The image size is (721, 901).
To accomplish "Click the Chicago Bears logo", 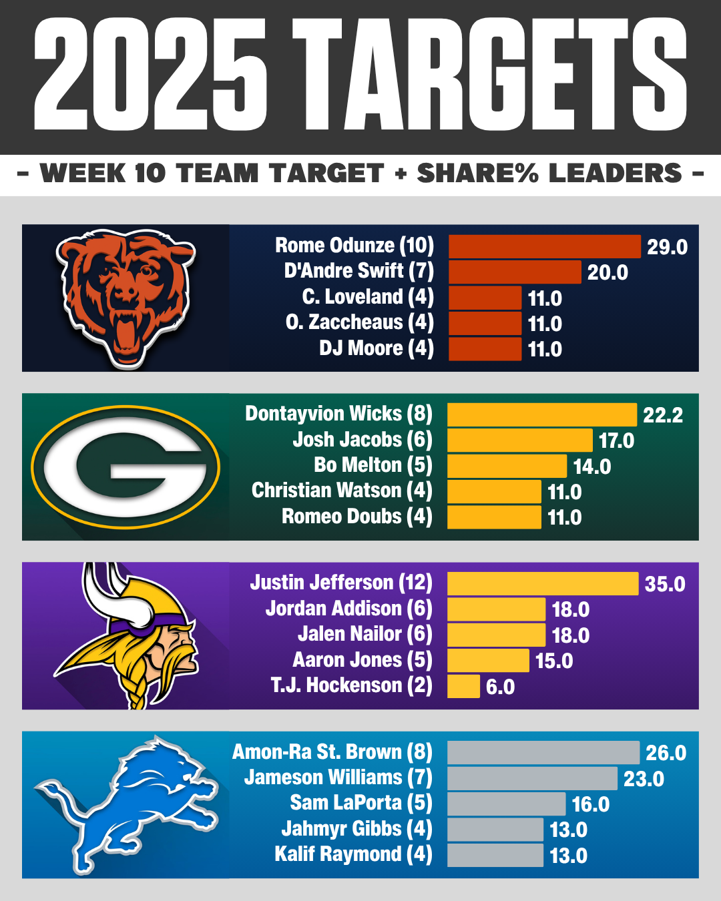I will (x=126, y=298).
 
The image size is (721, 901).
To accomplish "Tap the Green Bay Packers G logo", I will (x=126, y=467).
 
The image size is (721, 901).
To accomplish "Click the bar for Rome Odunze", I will (x=544, y=246).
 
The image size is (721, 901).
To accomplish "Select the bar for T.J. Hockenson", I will (x=463, y=686).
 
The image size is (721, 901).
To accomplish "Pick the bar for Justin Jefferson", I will (x=542, y=584).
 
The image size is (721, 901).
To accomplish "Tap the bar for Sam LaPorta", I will (x=506, y=804).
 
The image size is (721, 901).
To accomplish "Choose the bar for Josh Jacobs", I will (x=519, y=440).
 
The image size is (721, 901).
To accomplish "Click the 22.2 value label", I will (x=663, y=415).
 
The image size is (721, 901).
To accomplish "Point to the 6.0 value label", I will (x=500, y=687).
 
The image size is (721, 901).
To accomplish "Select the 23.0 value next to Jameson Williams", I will (x=644, y=779).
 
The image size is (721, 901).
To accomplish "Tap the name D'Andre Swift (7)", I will (x=359, y=271).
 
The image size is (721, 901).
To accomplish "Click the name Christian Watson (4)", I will (x=342, y=491).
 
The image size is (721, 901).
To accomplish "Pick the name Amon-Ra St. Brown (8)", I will (x=332, y=752).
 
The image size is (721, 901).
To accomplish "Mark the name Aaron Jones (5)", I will (x=363, y=660).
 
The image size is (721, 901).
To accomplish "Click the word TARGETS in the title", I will (x=489, y=75).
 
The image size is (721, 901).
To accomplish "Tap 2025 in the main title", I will (x=150, y=75).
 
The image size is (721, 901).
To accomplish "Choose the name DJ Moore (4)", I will (x=377, y=348).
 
